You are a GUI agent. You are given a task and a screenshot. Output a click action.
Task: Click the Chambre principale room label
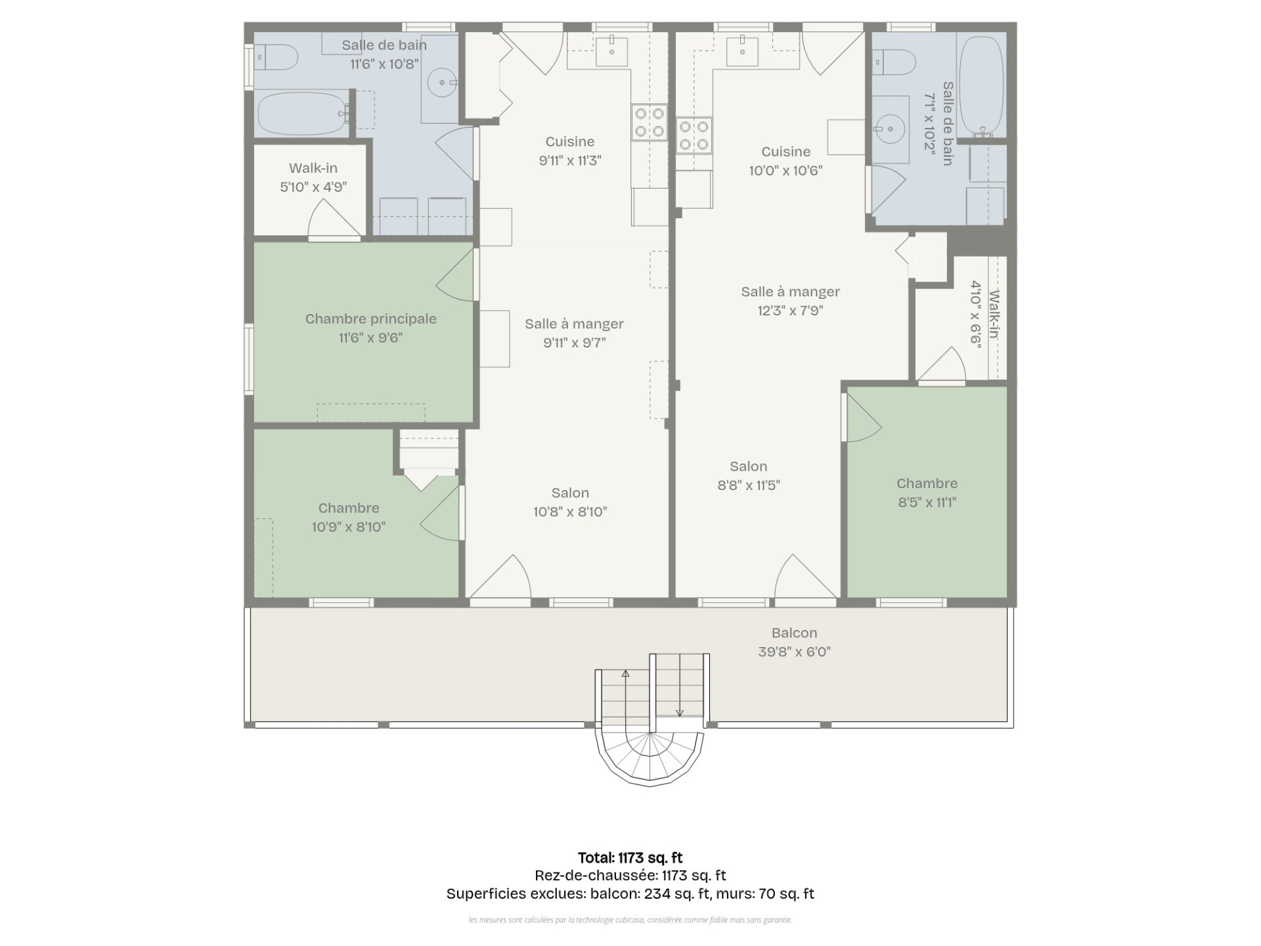(x=370, y=319)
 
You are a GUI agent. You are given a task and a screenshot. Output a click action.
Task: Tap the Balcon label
(x=794, y=633)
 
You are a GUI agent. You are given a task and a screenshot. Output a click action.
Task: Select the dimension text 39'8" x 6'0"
(x=794, y=652)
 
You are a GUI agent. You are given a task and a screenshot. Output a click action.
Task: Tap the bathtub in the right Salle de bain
(x=981, y=85)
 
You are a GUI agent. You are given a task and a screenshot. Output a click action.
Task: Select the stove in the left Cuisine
(x=650, y=122)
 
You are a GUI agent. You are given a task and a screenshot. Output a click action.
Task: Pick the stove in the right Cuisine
(x=694, y=135)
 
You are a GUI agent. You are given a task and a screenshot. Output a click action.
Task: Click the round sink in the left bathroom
(x=442, y=83)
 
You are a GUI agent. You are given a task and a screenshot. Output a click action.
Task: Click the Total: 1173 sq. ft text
(x=630, y=857)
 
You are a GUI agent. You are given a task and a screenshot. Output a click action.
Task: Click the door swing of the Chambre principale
(x=454, y=275)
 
